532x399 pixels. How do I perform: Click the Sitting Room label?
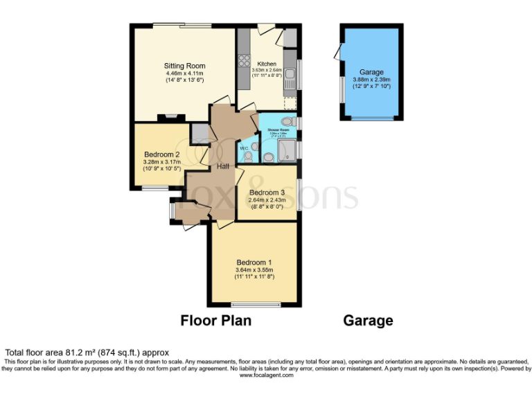pos(184,66)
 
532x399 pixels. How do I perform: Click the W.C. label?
pos(244,148)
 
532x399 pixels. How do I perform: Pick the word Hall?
pos(223,167)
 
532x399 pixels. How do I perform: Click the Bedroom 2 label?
pos(162,154)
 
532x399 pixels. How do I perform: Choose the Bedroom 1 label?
pos(254,263)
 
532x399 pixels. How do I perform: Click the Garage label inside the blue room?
pos(371,72)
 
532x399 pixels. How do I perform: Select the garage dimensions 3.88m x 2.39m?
pos(371,80)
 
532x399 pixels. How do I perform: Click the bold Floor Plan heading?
pos(215,321)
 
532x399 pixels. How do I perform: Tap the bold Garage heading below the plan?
pos(368,321)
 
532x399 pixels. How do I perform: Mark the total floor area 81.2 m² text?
pos(87,353)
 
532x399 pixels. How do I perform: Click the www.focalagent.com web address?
pos(267,375)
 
